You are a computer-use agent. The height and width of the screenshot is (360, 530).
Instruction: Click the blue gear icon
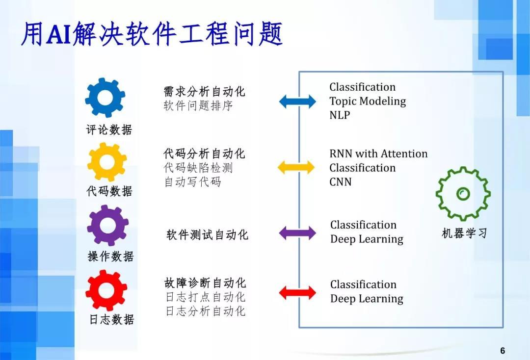point(105,97)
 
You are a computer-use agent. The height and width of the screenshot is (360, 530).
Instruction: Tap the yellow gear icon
point(106,162)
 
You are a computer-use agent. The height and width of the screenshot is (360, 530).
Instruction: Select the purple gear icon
point(107,226)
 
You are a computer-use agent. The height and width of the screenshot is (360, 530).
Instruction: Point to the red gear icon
point(106,290)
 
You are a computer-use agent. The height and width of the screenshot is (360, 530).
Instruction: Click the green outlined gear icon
point(463,194)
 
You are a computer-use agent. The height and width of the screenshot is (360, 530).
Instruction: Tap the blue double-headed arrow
point(297,102)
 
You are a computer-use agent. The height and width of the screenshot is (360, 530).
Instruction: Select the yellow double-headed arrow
point(296,168)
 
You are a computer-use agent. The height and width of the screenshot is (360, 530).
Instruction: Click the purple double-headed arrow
point(297,233)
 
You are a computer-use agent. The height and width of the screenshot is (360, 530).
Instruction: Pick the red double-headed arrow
point(297,293)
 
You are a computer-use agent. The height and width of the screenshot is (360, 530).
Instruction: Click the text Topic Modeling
point(368,102)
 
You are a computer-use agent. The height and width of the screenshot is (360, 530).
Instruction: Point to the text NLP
point(340,115)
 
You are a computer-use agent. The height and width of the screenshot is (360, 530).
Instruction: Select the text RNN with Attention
point(378,154)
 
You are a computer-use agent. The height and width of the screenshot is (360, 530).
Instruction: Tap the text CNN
point(341,182)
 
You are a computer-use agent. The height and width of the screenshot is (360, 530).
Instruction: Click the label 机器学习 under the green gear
point(464,233)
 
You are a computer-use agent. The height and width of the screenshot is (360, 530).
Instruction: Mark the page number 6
point(503,351)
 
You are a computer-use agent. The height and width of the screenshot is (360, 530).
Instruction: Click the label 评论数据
point(109,130)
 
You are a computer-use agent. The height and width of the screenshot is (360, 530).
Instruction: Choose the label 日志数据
point(111,320)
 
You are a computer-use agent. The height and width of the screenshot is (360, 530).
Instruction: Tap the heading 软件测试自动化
point(207,235)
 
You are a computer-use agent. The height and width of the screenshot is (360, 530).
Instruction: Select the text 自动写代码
point(192,182)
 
